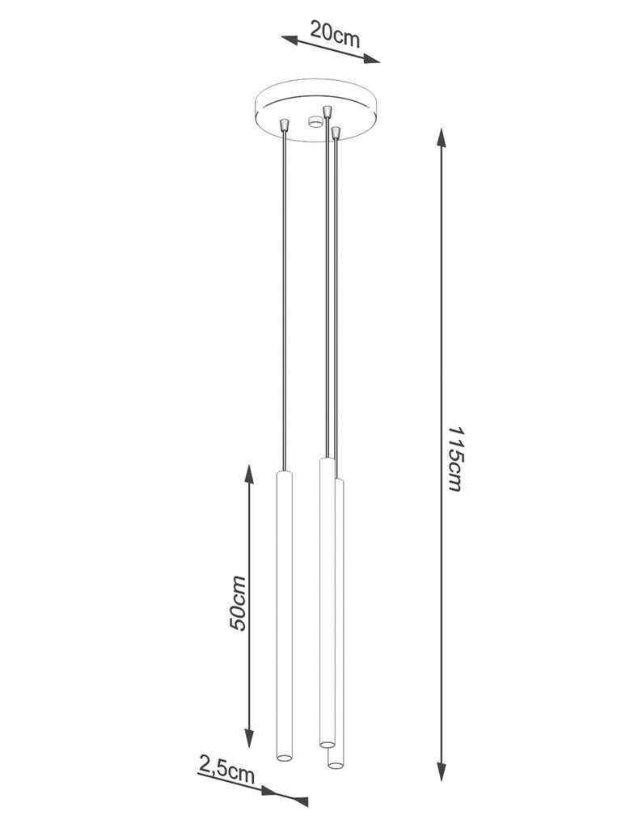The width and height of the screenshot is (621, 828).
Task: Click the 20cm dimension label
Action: click(334, 34)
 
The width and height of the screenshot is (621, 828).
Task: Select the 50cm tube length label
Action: click(238, 602)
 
